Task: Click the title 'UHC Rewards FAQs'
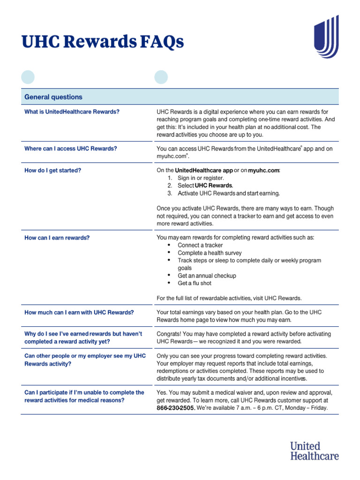point(103,42)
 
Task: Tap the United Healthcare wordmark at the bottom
point(314,450)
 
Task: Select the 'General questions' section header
point(53,97)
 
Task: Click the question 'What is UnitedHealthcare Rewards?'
point(72,112)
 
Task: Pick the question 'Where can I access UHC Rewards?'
point(70,149)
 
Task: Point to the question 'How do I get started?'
point(52,171)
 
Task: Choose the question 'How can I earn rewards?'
point(57,238)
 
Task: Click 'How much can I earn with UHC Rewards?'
point(79,312)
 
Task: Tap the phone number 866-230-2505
point(175,408)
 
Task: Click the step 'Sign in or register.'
point(201,178)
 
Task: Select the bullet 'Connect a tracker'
point(200,245)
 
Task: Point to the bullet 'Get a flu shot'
point(195,283)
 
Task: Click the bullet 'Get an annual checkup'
point(207,276)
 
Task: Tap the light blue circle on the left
point(28,76)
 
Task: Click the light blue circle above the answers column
point(161,76)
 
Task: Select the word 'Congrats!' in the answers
point(169,334)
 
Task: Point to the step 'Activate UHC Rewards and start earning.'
point(229,193)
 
